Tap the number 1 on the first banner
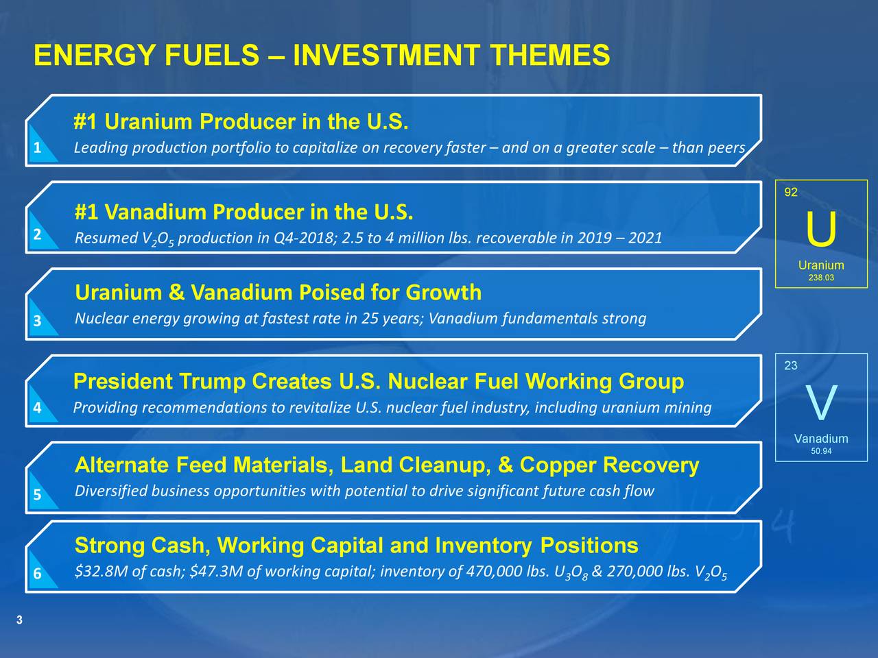38,149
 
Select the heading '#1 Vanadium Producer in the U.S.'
244,212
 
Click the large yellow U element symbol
821,231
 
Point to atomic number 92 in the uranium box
791,193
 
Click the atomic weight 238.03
821,278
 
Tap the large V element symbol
821,404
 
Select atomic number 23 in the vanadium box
791,366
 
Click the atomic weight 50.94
821,451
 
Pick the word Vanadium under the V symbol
821,439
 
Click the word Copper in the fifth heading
558,465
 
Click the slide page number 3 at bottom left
19,620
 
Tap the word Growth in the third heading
443,293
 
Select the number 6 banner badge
37,574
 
